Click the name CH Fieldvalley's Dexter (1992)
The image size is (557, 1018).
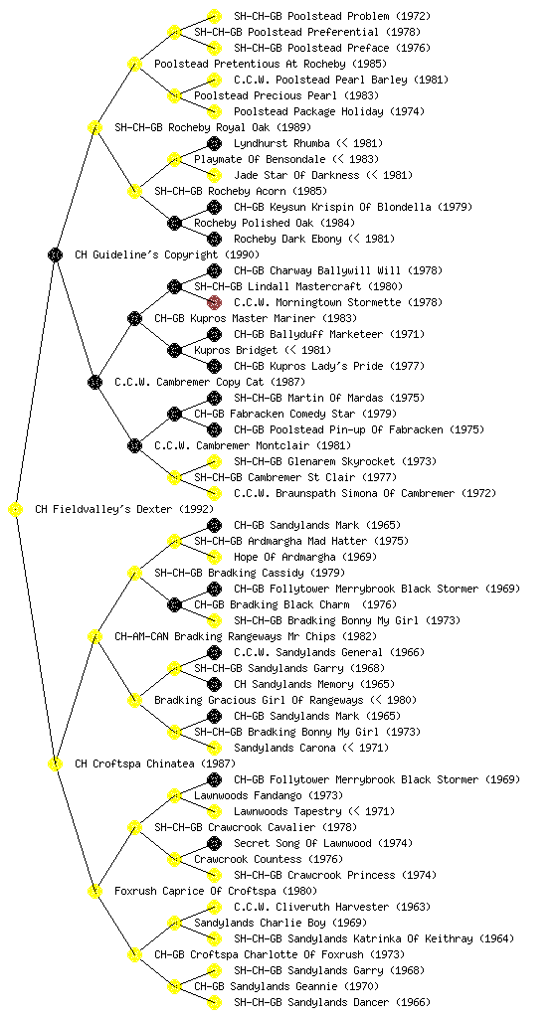click(124, 509)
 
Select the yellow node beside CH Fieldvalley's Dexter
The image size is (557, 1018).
click(16, 510)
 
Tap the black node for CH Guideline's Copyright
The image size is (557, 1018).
click(55, 255)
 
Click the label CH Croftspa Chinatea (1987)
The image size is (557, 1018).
click(155, 763)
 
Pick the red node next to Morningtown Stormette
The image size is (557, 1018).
click(214, 302)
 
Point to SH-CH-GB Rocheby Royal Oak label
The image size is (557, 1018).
click(213, 127)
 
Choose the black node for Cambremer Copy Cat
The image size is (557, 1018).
click(94, 383)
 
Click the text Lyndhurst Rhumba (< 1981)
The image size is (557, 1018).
click(308, 143)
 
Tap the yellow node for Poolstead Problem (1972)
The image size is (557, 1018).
click(214, 16)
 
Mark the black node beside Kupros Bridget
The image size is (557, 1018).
click(174, 351)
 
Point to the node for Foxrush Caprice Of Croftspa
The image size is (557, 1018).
click(94, 892)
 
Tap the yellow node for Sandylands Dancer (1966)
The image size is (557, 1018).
click(214, 1002)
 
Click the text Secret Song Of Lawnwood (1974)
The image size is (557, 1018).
click(323, 843)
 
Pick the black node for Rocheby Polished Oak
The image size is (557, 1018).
click(174, 224)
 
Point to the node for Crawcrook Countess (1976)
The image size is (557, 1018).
click(174, 860)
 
